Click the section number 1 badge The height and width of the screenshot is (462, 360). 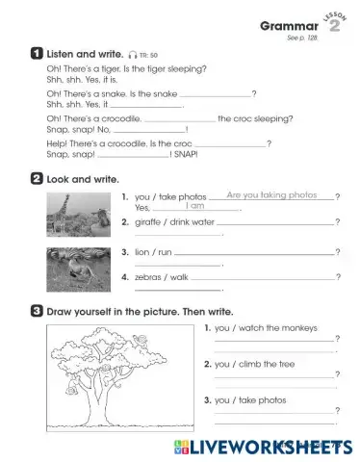(x=36, y=55)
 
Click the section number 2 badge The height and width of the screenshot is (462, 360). (x=36, y=178)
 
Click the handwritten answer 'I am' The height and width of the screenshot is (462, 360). (x=195, y=206)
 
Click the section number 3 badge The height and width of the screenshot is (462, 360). (x=36, y=310)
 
